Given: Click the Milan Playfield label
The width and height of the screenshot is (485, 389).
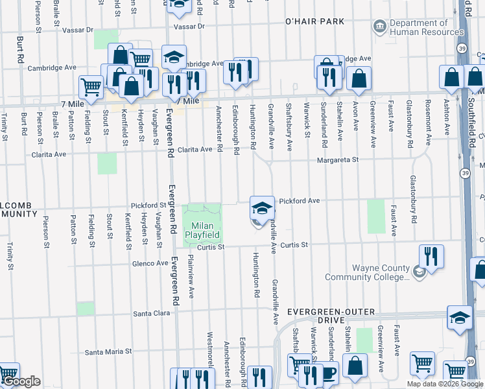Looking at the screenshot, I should (203, 229).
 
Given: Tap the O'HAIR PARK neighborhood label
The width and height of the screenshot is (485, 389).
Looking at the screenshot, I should (314, 21).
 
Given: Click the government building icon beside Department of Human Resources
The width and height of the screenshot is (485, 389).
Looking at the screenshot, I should (380, 27).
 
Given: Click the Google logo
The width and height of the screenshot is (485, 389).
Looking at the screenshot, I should (21, 381).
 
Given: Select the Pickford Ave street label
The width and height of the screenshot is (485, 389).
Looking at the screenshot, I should (300, 201).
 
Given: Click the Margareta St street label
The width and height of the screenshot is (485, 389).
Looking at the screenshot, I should (337, 160).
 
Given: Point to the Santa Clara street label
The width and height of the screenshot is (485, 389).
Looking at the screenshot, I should (151, 313).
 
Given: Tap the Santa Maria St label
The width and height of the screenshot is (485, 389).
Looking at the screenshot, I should (108, 351).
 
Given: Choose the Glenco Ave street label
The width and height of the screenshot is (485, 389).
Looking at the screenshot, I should (149, 263).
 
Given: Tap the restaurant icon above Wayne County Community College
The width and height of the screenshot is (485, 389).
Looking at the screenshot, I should (431, 257).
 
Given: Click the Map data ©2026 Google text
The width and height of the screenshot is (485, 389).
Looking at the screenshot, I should (444, 384).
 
